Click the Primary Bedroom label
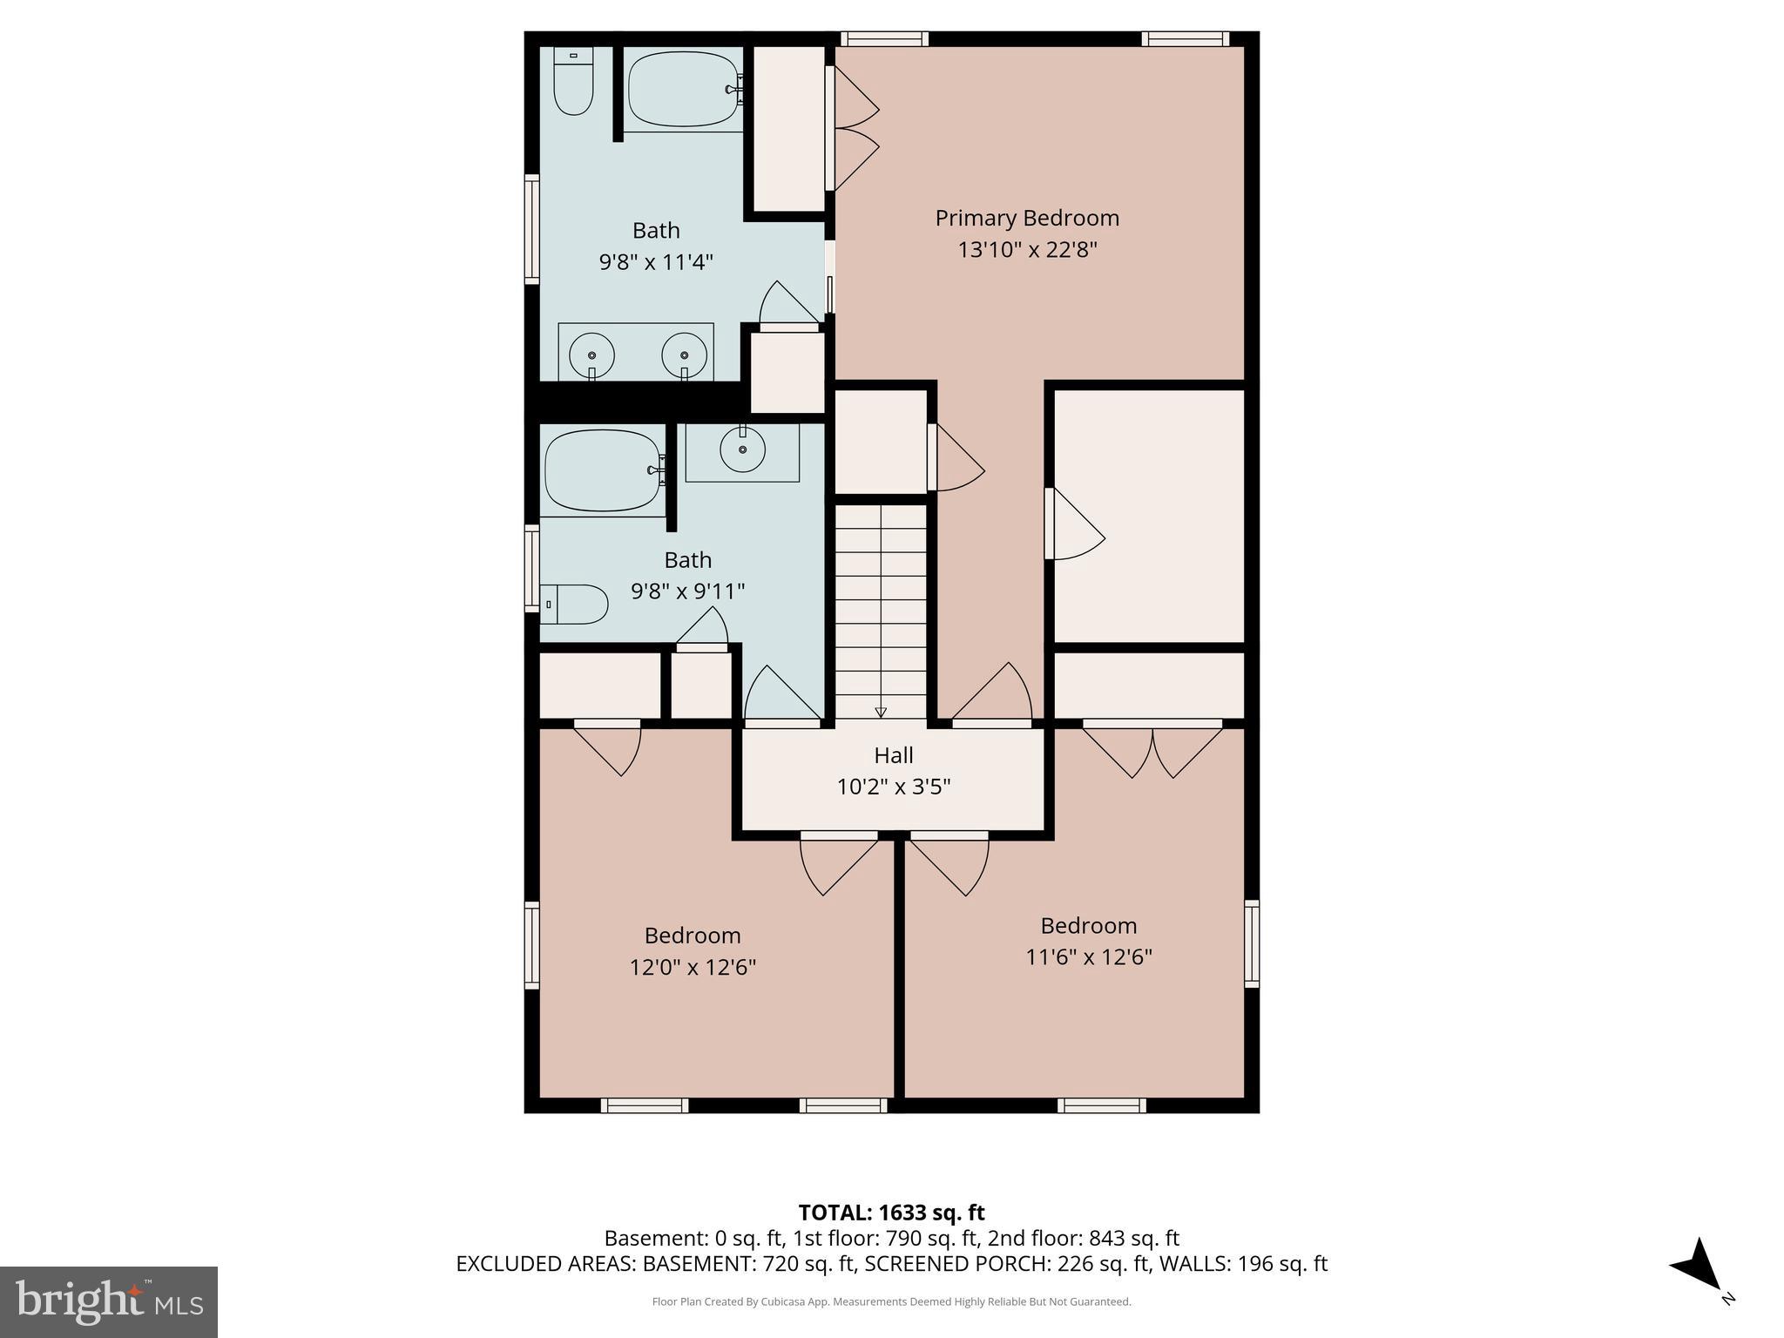coord(1026,218)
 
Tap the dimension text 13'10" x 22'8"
coord(1026,250)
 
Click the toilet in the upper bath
coord(573,83)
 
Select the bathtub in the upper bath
coord(683,89)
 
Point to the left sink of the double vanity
coord(591,355)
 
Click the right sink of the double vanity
coord(684,355)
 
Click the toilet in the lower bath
coord(575,604)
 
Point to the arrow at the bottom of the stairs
coord(881,712)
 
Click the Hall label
coord(893,755)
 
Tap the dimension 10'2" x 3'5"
coord(893,787)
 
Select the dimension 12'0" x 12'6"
coord(693,968)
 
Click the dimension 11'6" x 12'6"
coord(1088,957)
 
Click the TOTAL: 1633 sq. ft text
coord(891,1213)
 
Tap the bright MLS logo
coord(109,1301)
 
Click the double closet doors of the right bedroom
coord(1152,749)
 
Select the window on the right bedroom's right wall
coord(1252,943)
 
